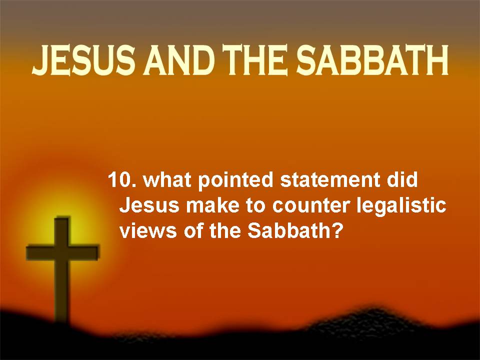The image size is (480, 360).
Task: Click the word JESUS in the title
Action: click(x=83, y=60)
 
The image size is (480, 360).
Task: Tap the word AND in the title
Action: click(x=178, y=60)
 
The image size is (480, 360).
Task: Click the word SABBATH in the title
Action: click(x=372, y=60)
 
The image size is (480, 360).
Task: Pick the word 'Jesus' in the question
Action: click(x=149, y=205)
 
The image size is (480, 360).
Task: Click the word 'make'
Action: click(x=213, y=205)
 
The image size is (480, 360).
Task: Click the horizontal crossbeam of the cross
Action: click(x=63, y=252)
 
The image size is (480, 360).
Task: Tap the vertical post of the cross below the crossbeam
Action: click(x=62, y=291)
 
